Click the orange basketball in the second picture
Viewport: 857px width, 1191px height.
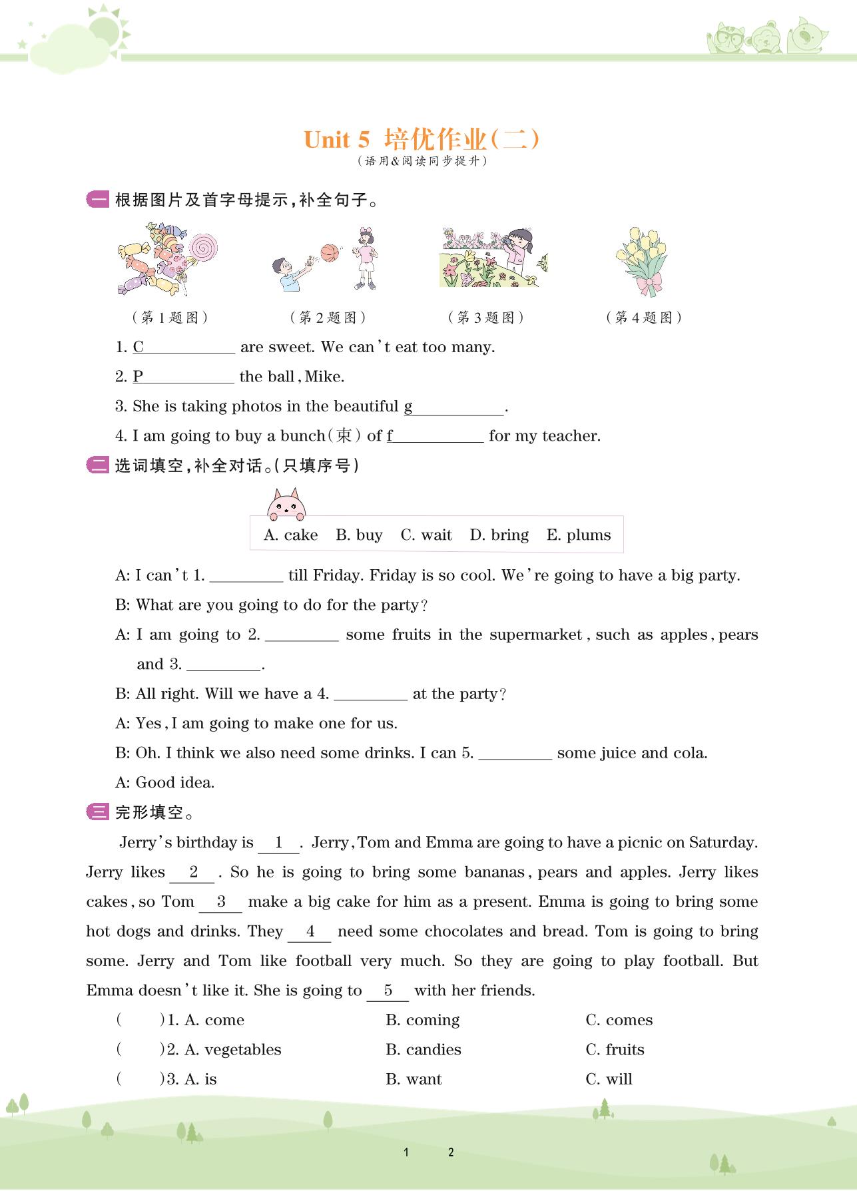point(329,253)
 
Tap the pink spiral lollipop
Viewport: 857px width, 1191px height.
point(203,248)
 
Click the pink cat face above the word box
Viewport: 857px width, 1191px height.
point(286,505)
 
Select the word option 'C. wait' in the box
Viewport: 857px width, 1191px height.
point(426,535)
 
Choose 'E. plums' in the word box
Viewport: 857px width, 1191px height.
point(579,535)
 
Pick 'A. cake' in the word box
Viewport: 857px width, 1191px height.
point(291,535)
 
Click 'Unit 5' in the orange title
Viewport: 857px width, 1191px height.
point(336,140)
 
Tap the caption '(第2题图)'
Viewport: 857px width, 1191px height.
point(328,318)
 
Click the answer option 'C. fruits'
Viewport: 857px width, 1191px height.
point(615,1050)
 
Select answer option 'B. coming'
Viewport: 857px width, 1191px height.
point(423,1021)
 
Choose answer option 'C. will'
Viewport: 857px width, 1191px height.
point(609,1079)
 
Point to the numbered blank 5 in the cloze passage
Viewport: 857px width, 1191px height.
point(388,991)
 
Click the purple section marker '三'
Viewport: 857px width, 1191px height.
point(98,812)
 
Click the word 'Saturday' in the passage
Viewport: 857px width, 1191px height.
point(722,843)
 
